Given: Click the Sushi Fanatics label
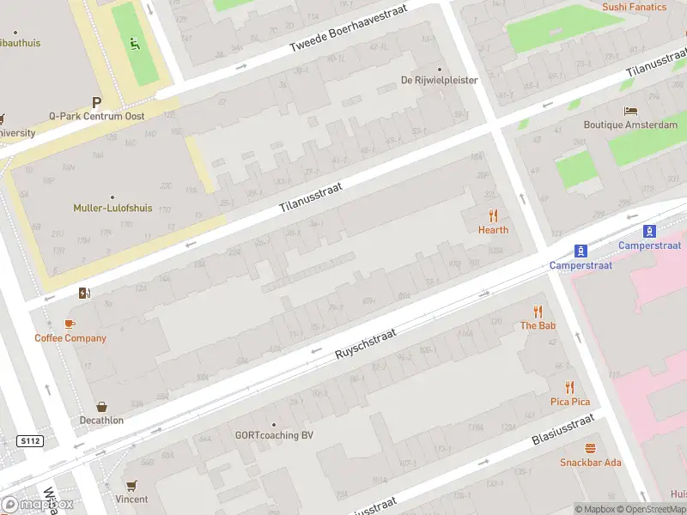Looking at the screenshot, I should coord(634,7).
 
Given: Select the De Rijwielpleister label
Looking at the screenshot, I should coord(440,81).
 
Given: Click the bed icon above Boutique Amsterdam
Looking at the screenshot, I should coord(630,111).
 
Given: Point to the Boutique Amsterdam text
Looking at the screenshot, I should coord(630,125).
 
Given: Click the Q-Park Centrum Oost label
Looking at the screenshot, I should coord(96,116).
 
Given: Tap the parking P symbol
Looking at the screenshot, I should coord(96,101).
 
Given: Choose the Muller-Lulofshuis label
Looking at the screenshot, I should coord(112,209).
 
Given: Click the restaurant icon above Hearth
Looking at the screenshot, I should coord(493,215).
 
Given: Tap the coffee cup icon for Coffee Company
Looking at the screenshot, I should coord(70,324).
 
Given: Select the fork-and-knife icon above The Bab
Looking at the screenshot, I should coord(538,312).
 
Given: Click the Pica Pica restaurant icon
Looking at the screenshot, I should coord(569,388).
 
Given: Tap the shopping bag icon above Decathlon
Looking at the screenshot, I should coord(102,407).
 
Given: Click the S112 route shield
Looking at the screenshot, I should coord(29,441).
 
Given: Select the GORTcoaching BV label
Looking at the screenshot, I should coord(274,435).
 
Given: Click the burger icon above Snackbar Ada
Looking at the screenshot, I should coord(590,449).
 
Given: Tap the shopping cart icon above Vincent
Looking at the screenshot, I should coord(131,486).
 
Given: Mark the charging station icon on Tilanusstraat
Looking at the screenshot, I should coord(83,294).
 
